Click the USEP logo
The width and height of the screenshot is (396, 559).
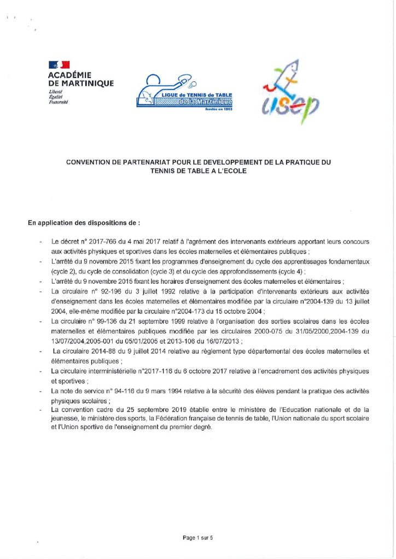[x=289, y=91]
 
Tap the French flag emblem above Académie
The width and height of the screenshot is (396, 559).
[x=59, y=66]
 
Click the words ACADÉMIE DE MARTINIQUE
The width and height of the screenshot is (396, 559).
[x=81, y=79]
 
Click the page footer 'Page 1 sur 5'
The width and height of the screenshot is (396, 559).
[x=198, y=538]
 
